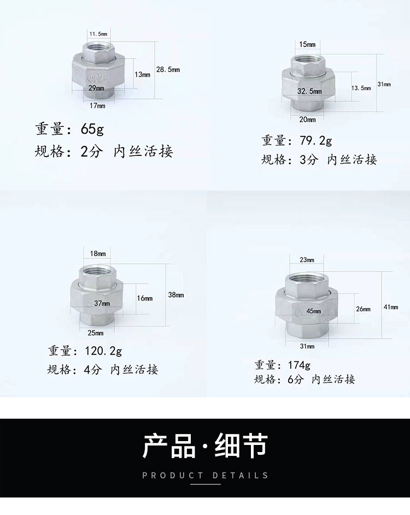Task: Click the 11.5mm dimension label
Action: [98, 34]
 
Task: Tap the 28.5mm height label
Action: [168, 70]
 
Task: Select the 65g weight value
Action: [92, 129]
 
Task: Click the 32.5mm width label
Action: [309, 91]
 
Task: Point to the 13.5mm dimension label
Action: [361, 88]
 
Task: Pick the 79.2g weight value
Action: [315, 141]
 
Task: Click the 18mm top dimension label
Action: [98, 253]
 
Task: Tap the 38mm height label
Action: [176, 295]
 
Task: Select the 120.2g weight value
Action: [103, 351]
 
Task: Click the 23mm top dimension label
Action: [307, 260]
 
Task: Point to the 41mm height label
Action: [391, 307]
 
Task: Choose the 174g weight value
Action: [299, 365]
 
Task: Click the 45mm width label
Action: [314, 311]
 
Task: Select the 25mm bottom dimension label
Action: [96, 333]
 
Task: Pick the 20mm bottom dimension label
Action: [307, 119]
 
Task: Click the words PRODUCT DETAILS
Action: [206, 475]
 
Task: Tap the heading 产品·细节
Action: [206, 445]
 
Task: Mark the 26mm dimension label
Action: [363, 309]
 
